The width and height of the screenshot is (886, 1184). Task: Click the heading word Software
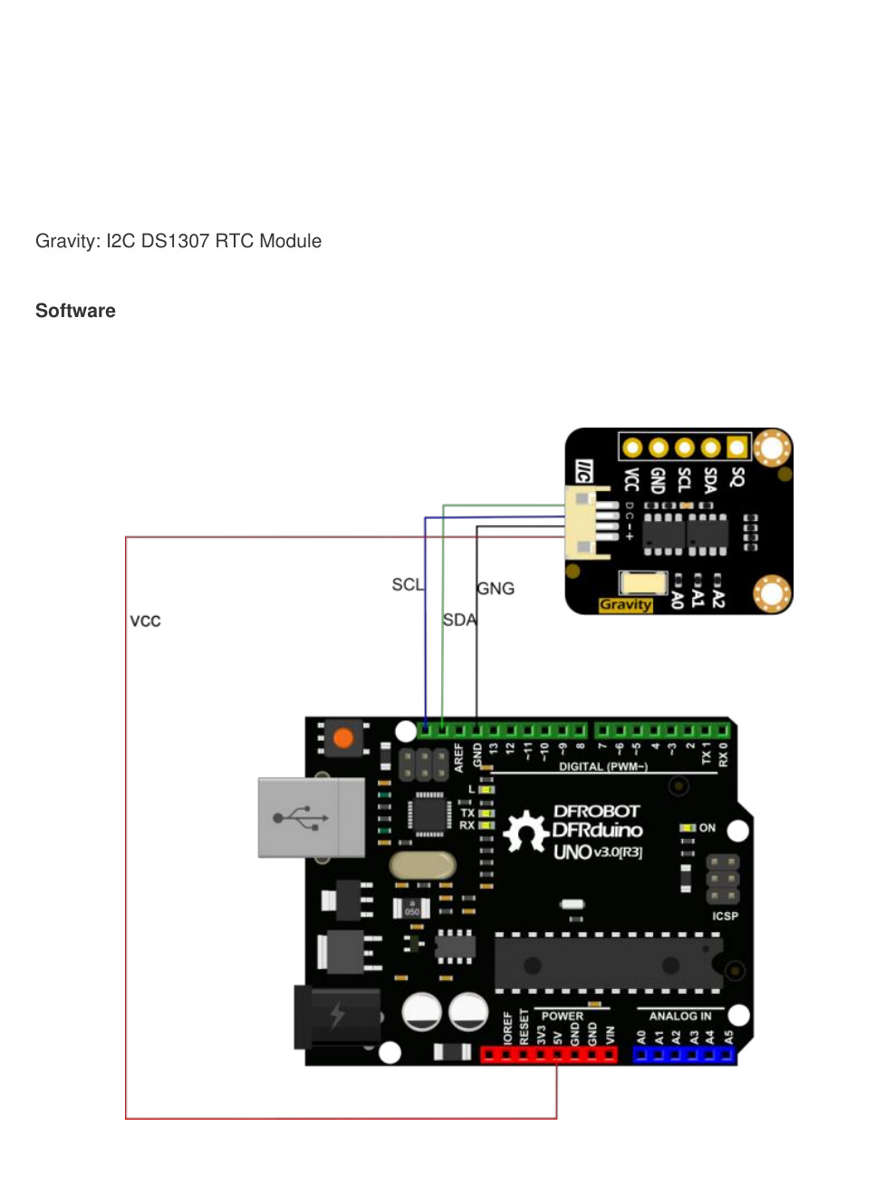(75, 311)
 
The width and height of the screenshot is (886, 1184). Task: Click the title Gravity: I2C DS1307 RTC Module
(178, 241)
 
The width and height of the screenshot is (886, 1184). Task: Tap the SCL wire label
(407, 584)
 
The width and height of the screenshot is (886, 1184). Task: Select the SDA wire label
(459, 620)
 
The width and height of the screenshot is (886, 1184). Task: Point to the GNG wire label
(496, 589)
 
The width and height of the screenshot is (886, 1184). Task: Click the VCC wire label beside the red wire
(145, 621)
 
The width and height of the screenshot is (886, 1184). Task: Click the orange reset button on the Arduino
(343, 738)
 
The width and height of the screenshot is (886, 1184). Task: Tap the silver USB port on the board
(311, 817)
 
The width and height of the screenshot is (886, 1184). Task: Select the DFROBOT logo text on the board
(596, 811)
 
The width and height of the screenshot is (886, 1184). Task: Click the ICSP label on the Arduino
(725, 916)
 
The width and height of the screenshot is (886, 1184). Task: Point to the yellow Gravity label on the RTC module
(625, 605)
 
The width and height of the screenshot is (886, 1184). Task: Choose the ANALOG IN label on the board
(679, 1016)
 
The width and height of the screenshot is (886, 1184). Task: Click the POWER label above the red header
(562, 1016)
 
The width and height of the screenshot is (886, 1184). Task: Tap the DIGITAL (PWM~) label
(602, 766)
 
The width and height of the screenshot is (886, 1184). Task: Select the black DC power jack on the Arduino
(336, 1016)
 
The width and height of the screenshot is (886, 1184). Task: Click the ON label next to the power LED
(708, 828)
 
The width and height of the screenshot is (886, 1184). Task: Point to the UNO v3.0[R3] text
(598, 852)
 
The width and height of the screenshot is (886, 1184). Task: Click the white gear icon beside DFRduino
(525, 832)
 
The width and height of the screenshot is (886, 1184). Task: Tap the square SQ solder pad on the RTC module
(737, 448)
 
